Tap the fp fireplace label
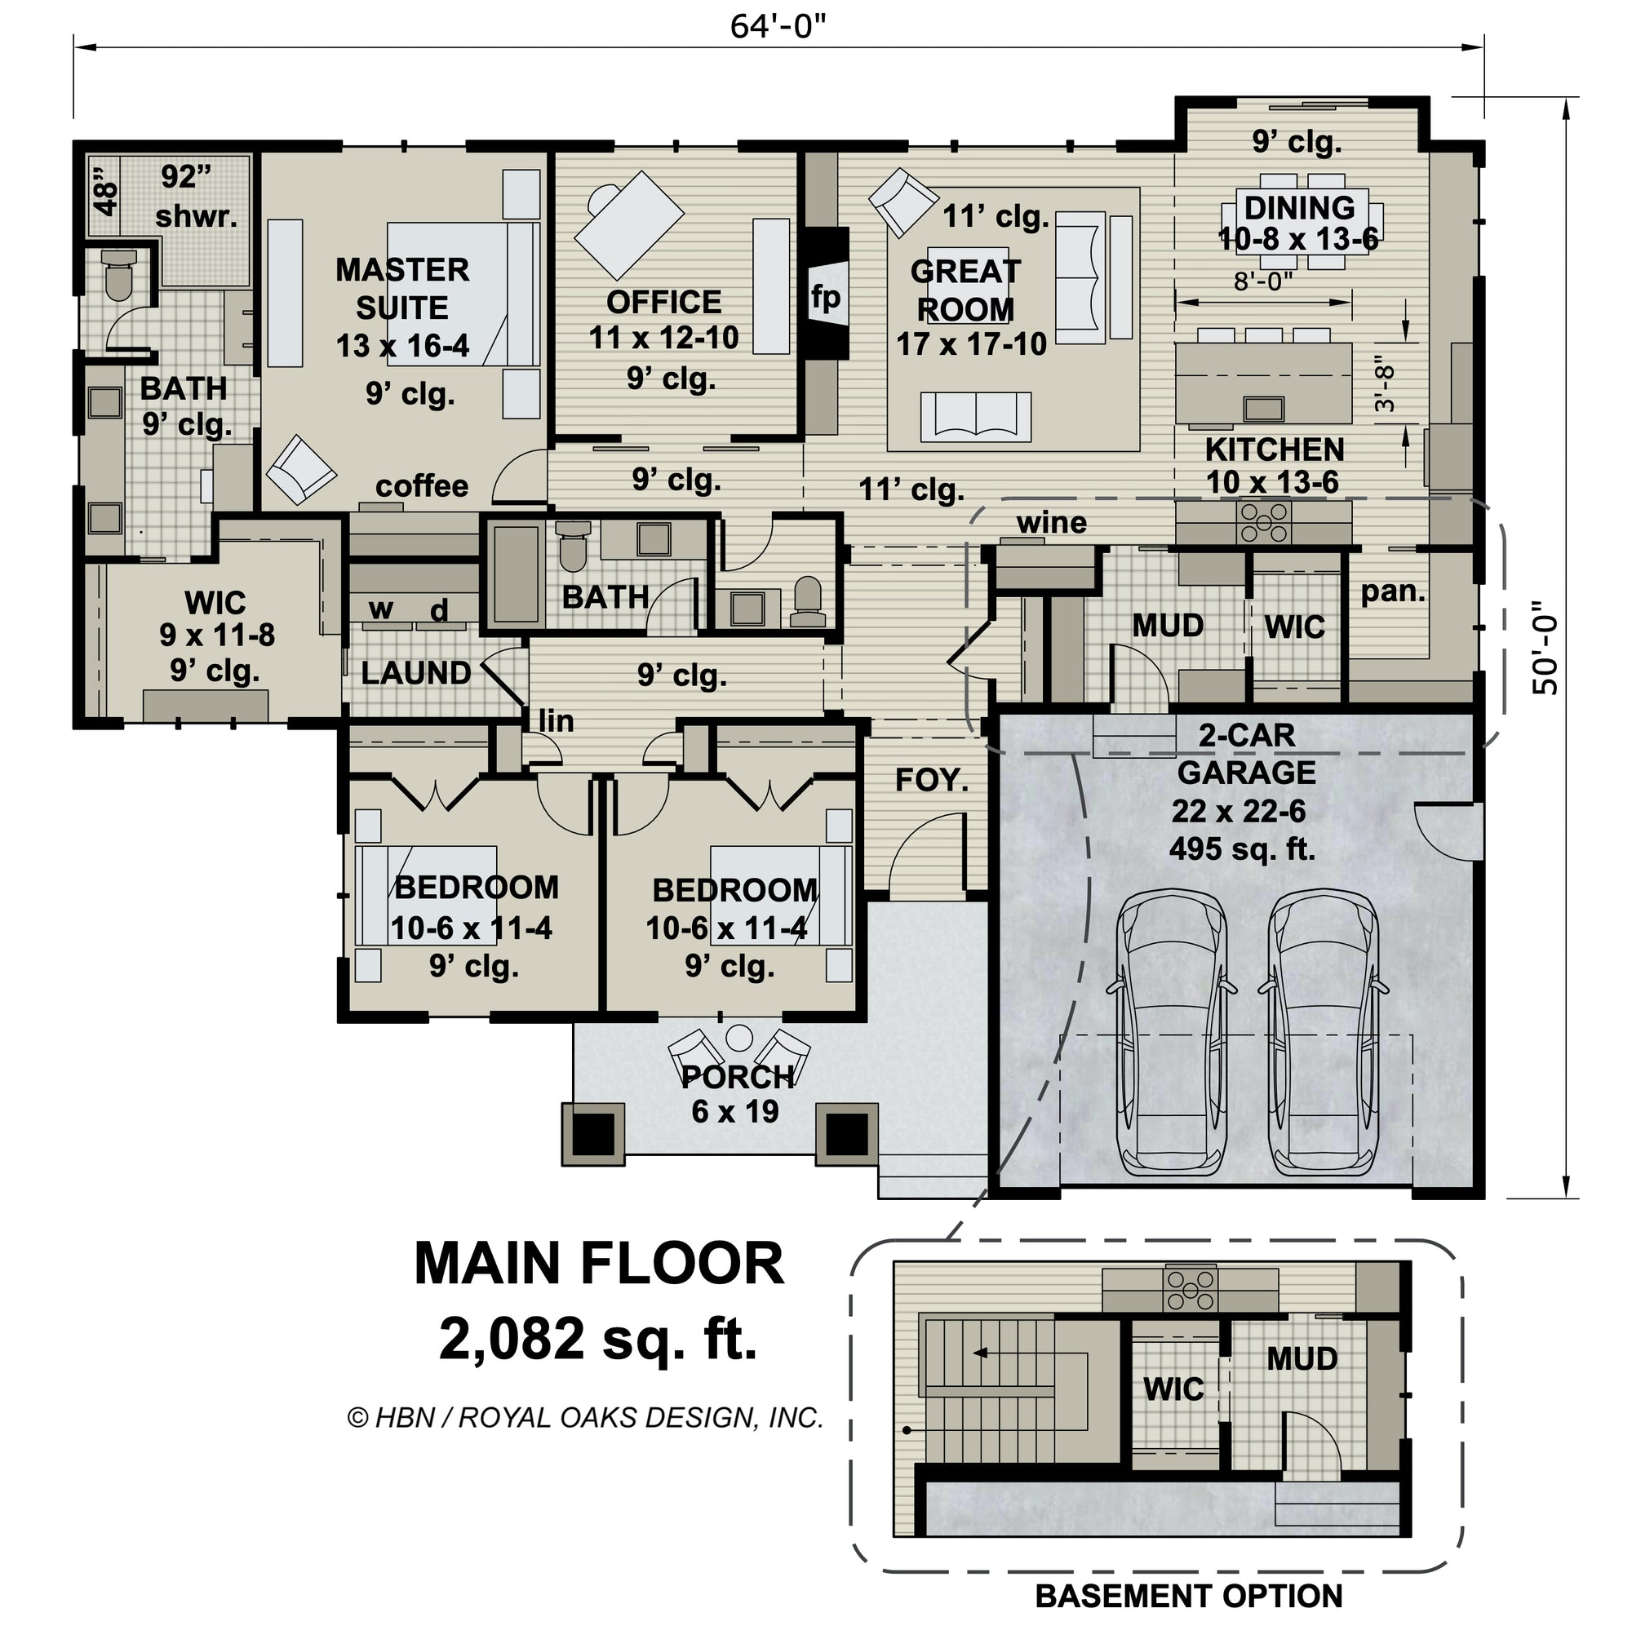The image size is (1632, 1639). (x=825, y=297)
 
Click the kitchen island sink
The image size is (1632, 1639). (x=1264, y=410)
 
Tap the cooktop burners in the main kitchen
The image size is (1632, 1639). (x=1265, y=520)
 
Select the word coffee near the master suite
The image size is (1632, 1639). (x=422, y=486)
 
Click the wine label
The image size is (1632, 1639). (x=1052, y=523)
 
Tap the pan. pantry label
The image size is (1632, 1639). (x=1393, y=591)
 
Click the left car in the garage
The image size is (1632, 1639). (x=1172, y=1031)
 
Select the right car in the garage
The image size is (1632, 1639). (x=1323, y=1031)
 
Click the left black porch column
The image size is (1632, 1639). (x=594, y=1133)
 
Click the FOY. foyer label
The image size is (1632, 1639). (x=932, y=781)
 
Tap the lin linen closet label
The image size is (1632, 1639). (x=557, y=721)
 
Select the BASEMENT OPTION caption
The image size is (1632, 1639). (x=1188, y=1597)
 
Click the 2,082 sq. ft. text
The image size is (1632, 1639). (x=597, y=1339)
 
